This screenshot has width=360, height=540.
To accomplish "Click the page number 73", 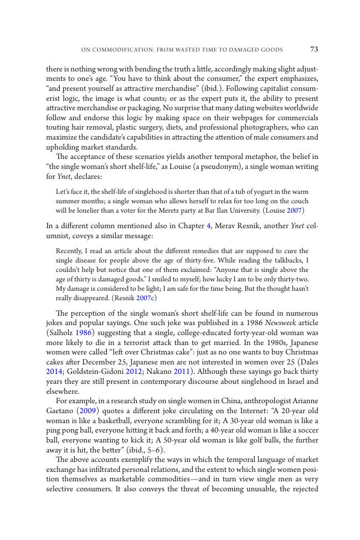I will coord(314,49).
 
